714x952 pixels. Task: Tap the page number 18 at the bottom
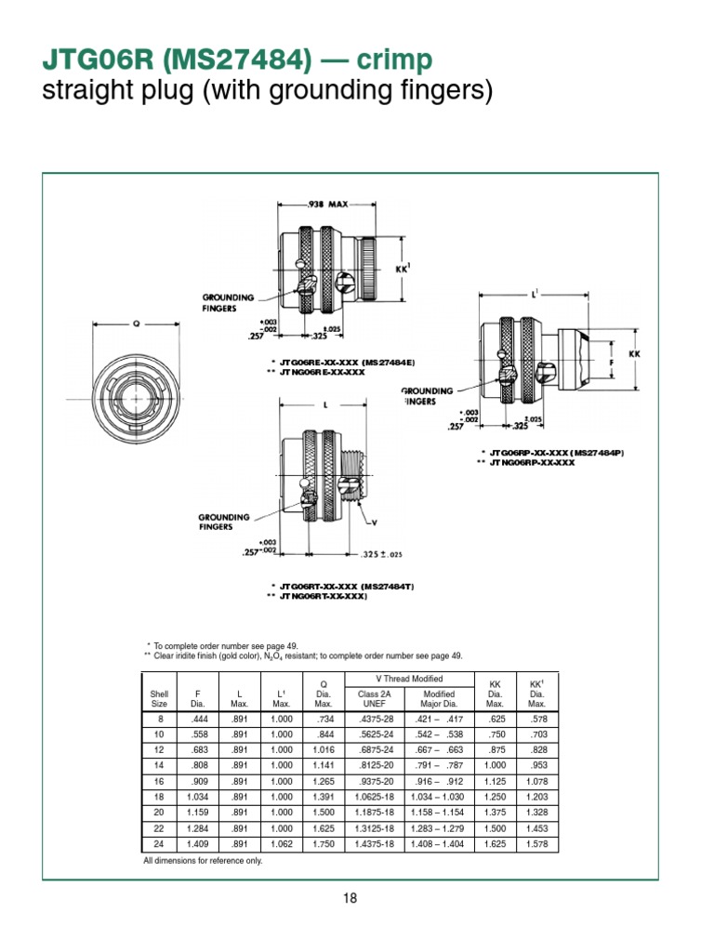coord(350,898)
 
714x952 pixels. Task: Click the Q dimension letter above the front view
coord(137,324)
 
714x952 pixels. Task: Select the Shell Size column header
coord(159,698)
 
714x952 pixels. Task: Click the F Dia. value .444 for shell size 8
coord(197,719)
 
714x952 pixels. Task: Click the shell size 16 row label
coord(159,782)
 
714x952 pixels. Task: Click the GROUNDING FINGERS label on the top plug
coord(228,302)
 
